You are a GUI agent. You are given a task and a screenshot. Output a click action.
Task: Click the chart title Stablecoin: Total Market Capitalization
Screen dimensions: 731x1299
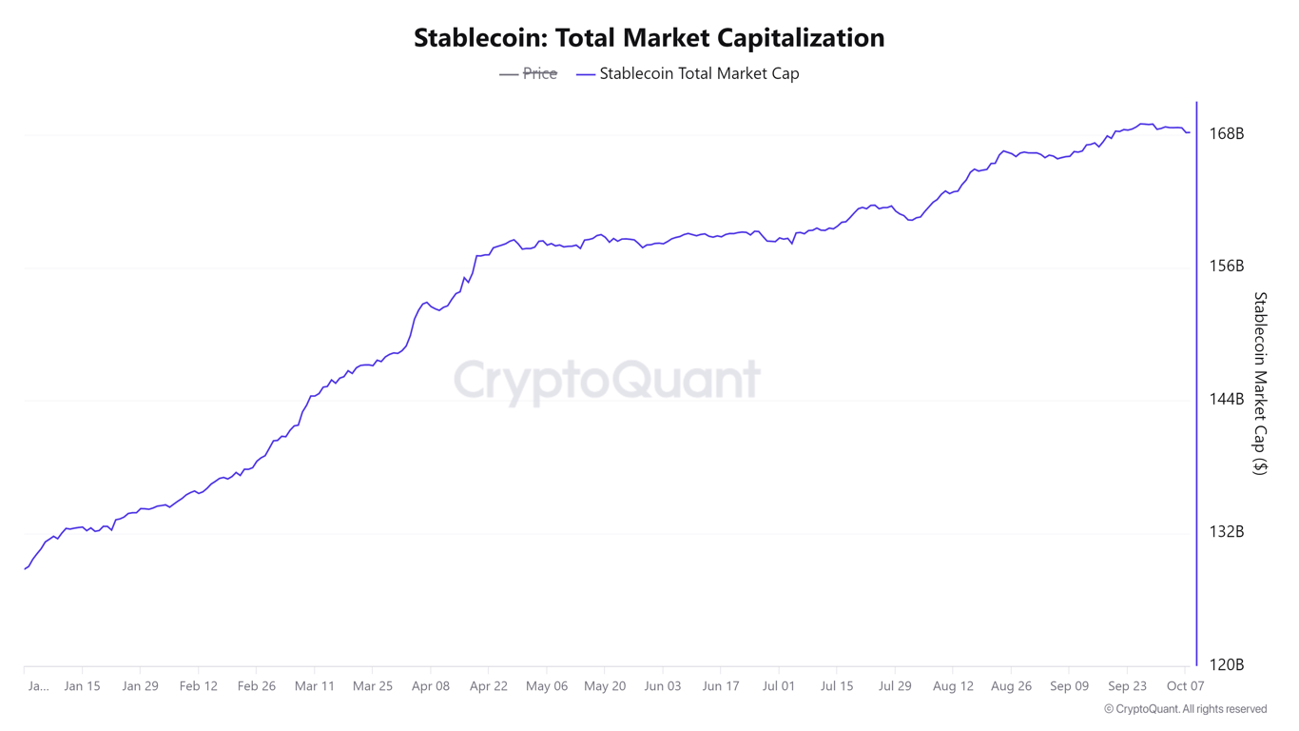tap(649, 38)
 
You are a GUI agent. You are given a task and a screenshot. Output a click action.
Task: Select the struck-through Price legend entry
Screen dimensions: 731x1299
tap(539, 73)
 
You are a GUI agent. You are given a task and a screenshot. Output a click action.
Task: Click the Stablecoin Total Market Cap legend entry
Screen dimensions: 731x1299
tap(698, 73)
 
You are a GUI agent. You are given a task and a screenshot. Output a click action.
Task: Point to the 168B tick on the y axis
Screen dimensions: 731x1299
tap(1226, 134)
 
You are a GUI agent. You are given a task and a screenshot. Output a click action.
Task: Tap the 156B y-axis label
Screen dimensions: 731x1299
tap(1226, 267)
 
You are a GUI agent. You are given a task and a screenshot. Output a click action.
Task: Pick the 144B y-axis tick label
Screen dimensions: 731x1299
tap(1226, 400)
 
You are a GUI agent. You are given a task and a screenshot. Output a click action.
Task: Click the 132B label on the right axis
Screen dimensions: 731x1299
tap(1226, 532)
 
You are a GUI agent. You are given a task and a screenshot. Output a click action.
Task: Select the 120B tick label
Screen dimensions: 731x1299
tap(1226, 665)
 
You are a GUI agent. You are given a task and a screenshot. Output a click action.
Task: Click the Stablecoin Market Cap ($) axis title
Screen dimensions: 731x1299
tap(1260, 383)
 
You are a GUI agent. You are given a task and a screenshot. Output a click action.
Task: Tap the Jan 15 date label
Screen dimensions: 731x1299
tap(82, 686)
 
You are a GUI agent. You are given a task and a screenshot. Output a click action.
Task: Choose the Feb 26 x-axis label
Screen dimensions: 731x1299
tap(256, 686)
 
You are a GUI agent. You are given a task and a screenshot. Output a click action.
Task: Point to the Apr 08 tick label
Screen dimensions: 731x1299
tap(431, 686)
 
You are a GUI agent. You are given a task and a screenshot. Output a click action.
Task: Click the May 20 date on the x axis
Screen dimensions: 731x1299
tap(605, 686)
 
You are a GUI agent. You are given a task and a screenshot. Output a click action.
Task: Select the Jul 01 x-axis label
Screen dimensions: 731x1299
tap(779, 686)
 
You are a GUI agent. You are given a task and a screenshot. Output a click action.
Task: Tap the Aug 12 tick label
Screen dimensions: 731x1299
tap(953, 686)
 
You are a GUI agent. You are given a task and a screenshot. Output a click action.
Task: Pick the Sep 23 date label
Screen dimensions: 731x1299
tap(1127, 686)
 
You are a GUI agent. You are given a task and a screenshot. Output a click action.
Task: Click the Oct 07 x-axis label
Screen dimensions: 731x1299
tap(1185, 686)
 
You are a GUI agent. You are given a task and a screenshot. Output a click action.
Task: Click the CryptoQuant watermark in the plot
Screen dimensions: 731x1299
tap(607, 380)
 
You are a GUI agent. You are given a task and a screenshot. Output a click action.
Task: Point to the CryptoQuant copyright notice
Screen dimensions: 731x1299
tap(1185, 709)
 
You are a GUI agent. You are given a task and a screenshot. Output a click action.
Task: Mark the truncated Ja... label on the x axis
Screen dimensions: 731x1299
tap(38, 686)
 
